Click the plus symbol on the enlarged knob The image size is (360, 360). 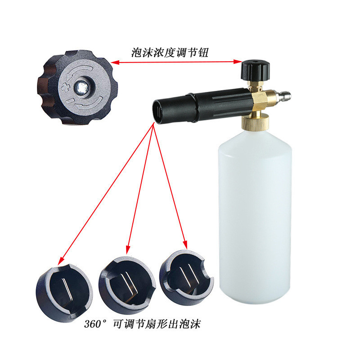[66, 87]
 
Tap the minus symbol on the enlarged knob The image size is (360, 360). [70, 101]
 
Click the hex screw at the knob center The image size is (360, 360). [82, 87]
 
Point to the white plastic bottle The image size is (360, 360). [255, 216]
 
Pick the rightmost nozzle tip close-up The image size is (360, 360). [186, 277]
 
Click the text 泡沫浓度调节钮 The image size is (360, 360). [170, 53]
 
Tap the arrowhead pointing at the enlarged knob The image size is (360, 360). [115, 62]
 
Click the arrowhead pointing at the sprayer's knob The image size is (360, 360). [238, 62]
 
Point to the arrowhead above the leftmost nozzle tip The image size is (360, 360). [61, 261]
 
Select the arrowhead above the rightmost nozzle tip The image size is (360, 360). [185, 245]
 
